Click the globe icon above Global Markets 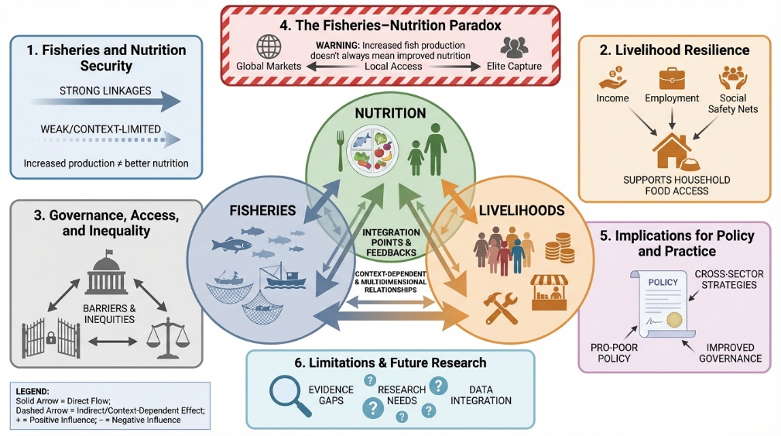click(269, 47)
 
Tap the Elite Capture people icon click(514, 48)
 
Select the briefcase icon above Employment click(672, 79)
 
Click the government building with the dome click(107, 276)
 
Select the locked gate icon click(51, 338)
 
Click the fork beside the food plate click(341, 150)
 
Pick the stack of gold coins click(560, 248)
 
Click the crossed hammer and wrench click(501, 308)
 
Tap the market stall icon click(549, 292)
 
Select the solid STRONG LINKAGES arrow click(105, 102)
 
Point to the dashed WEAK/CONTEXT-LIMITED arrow click(105, 140)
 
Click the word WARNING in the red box click(337, 46)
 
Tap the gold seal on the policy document click(674, 319)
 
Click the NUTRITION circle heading click(390, 113)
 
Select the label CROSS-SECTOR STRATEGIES click(729, 280)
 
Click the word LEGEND click(33, 392)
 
